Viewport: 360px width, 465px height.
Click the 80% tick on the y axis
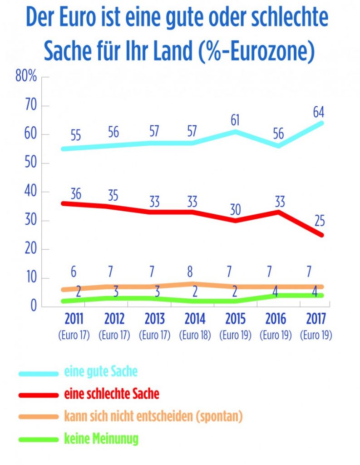click(x=26, y=76)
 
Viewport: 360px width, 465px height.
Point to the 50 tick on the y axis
click(x=29, y=163)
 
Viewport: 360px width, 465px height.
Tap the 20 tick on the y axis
click(x=29, y=249)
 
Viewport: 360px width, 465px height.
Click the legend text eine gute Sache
click(x=101, y=372)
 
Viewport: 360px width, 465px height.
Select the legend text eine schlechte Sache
click(x=112, y=394)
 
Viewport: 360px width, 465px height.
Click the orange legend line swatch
click(x=39, y=417)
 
